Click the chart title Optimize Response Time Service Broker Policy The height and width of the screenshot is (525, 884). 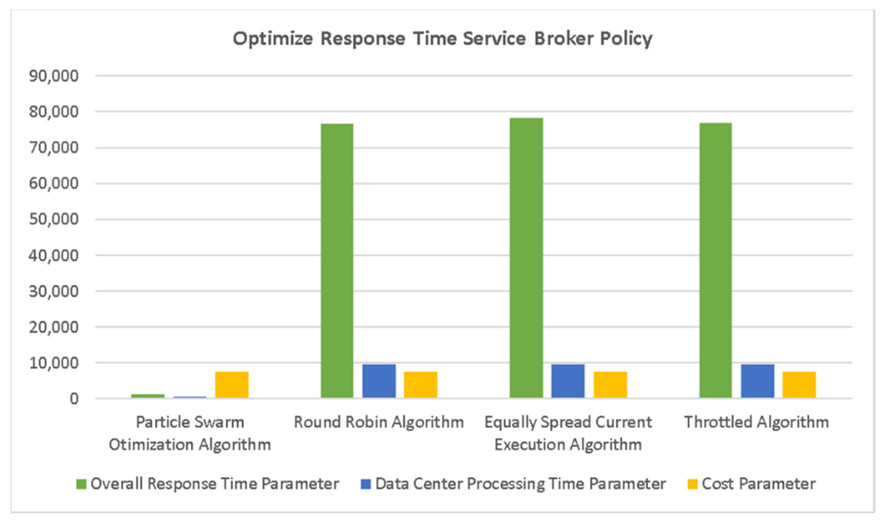click(442, 39)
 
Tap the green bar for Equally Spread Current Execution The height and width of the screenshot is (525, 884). click(526, 258)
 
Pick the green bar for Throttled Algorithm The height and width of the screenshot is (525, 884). click(716, 260)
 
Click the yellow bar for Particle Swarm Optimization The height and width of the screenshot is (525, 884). click(232, 385)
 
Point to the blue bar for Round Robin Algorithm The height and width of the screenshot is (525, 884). click(379, 381)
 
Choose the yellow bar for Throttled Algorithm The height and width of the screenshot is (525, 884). click(799, 385)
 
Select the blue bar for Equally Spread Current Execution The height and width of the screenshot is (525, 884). click(568, 381)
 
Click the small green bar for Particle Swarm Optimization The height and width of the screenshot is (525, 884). click(148, 396)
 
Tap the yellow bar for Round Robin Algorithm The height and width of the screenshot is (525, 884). click(420, 385)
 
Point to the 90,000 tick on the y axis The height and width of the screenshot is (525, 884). click(54, 76)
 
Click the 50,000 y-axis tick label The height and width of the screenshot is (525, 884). click(54, 219)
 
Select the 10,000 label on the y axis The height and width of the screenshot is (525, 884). click(54, 363)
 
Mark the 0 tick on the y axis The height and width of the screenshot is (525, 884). click(74, 399)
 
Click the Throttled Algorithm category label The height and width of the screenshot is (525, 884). click(757, 422)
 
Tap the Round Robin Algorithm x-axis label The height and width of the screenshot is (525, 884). click(379, 422)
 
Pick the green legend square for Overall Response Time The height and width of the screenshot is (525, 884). click(81, 484)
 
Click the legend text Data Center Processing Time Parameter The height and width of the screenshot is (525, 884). click(520, 484)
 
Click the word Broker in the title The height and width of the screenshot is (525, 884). click(563, 39)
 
